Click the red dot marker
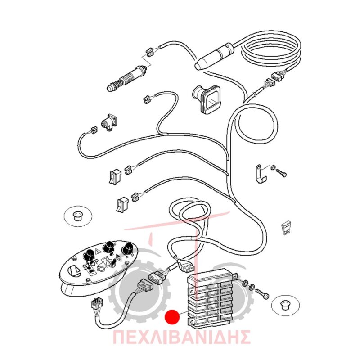coord(172,317)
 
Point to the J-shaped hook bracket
coord(260,173)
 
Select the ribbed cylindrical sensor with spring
coord(127,78)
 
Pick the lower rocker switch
coord(122,205)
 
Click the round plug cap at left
coord(78,216)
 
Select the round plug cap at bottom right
coord(286,305)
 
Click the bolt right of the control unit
coord(262,293)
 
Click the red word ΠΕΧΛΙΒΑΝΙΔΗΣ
coord(181,337)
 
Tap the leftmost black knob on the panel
coord(89,255)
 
